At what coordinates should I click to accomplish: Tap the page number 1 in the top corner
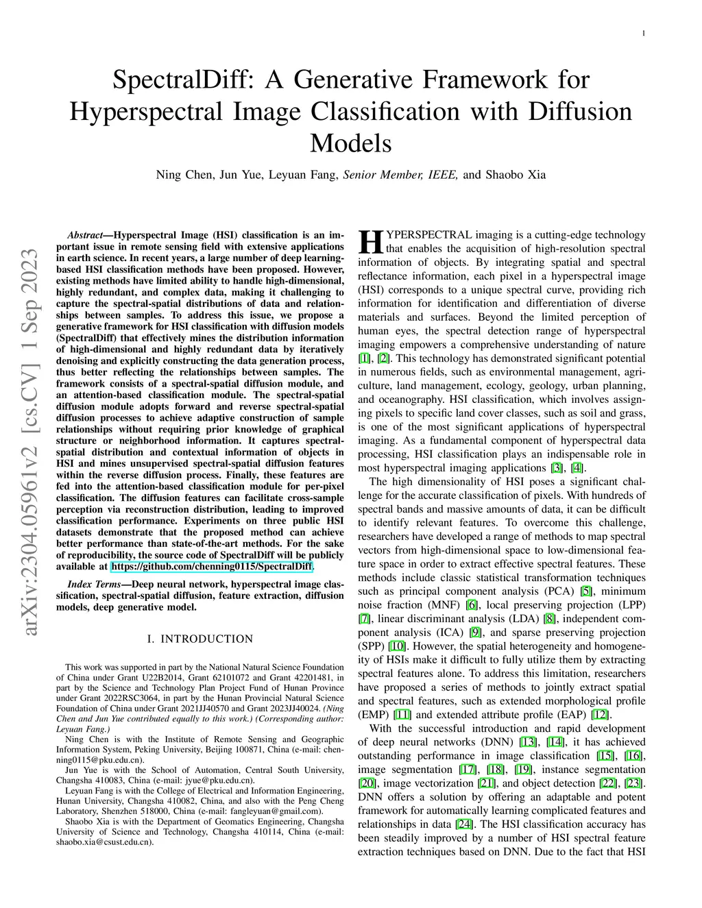point(644,33)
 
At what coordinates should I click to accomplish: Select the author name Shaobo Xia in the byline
point(516,174)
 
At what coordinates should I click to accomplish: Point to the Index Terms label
point(95,584)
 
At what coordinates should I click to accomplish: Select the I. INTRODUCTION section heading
point(200,639)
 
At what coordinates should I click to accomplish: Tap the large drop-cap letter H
point(370,242)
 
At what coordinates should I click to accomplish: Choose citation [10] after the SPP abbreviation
point(396,646)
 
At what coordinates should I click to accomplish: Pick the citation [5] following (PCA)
point(586,591)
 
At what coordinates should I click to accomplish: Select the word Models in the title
point(351,143)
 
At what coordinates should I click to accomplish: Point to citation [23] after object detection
point(634,783)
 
